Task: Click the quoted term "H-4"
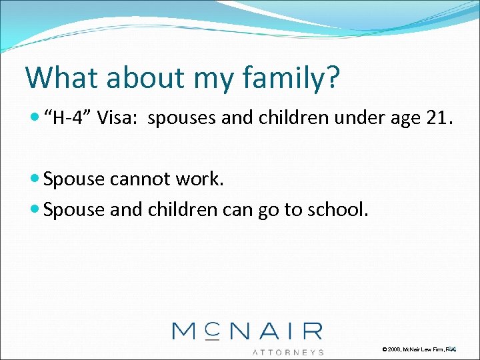[70, 119]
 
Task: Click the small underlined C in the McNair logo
[211, 329]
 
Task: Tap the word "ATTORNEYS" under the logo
[288, 351]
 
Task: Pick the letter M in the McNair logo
[187, 331]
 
